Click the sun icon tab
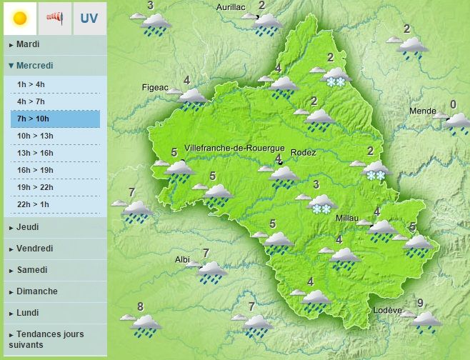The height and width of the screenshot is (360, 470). tap(20, 18)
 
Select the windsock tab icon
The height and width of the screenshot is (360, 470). tap(54, 18)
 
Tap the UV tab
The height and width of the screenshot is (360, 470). tap(89, 18)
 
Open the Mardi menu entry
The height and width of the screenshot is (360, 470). tap(28, 44)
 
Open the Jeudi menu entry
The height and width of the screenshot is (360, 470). tap(27, 227)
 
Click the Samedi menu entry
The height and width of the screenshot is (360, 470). tap(32, 270)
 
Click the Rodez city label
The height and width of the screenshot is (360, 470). tap(304, 152)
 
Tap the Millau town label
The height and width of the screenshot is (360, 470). tap(350, 219)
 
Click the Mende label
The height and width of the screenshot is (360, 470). tap(423, 111)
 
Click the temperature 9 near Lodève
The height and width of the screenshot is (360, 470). tap(420, 302)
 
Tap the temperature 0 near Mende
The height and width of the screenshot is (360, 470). tap(453, 104)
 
